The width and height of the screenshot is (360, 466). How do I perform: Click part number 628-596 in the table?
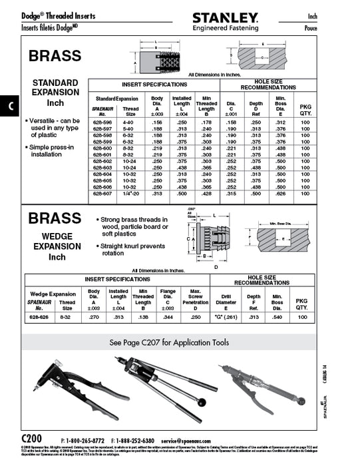tap(104, 122)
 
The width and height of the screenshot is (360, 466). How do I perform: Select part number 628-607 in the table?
tap(104, 193)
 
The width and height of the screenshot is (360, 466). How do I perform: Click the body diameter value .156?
tap(157, 122)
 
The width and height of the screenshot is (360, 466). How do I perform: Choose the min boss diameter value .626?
tap(280, 193)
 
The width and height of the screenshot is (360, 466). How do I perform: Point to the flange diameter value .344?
tap(168, 318)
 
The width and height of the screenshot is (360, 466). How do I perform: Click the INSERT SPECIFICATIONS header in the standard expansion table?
tap(154, 85)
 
